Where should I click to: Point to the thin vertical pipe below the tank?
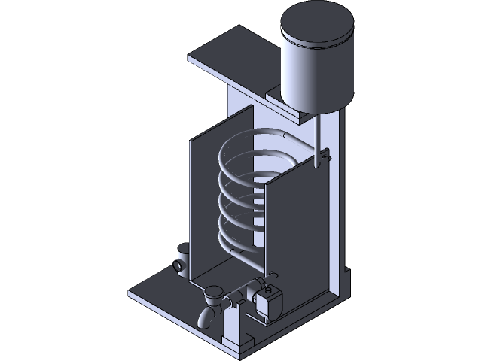pyautogui.click(x=319, y=135)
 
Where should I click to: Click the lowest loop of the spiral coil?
pyautogui.click(x=241, y=252)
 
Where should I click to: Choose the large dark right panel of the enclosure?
pyautogui.click(x=297, y=226)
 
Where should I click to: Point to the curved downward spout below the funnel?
pyautogui.click(x=206, y=317)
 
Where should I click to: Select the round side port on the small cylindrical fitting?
pyautogui.click(x=178, y=265)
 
